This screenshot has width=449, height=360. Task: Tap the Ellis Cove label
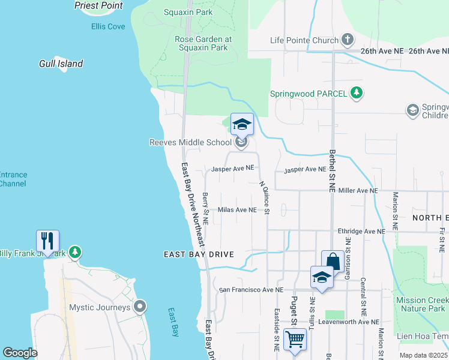point(108,26)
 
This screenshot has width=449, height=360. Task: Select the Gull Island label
point(61,64)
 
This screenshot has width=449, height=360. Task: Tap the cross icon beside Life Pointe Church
point(347,40)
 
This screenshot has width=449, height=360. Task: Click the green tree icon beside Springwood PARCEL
point(357,93)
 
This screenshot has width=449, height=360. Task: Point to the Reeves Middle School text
point(190,142)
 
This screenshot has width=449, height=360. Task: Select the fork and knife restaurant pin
point(46,241)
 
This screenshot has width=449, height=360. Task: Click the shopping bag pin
point(333,261)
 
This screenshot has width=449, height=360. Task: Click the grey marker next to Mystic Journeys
point(140,307)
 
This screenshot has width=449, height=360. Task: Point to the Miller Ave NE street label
point(358,190)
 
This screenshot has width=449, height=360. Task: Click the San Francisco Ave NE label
point(251,290)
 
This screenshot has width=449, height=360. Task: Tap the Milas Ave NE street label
point(237,210)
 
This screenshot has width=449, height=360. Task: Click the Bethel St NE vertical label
point(331,170)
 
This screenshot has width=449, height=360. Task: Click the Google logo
point(20,353)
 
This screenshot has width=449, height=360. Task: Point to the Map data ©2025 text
point(424,355)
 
